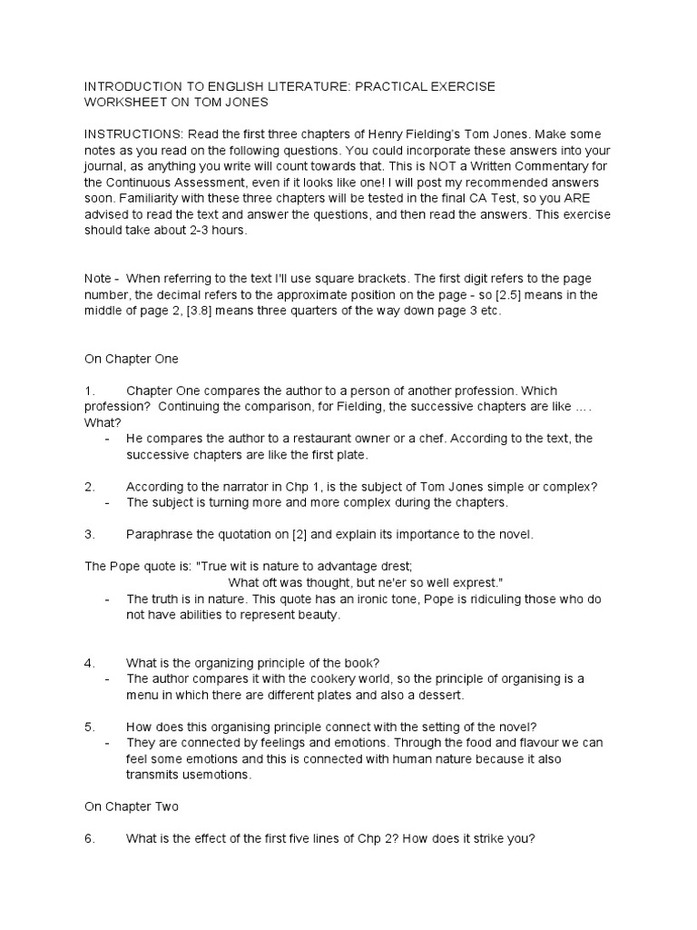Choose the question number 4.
pos(89,664)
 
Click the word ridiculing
pos(455,599)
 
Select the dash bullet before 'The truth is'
pos(108,599)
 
